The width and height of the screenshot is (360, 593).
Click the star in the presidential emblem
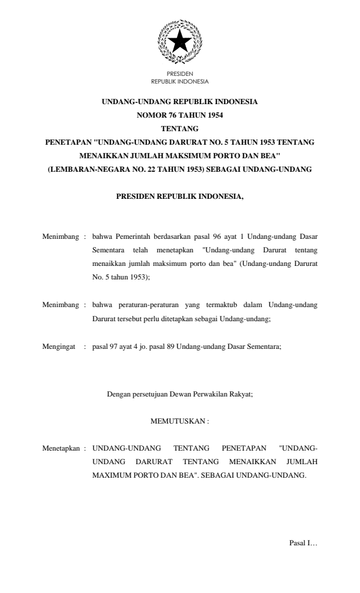click(179, 42)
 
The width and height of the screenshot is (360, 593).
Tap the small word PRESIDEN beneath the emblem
click(179, 74)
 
